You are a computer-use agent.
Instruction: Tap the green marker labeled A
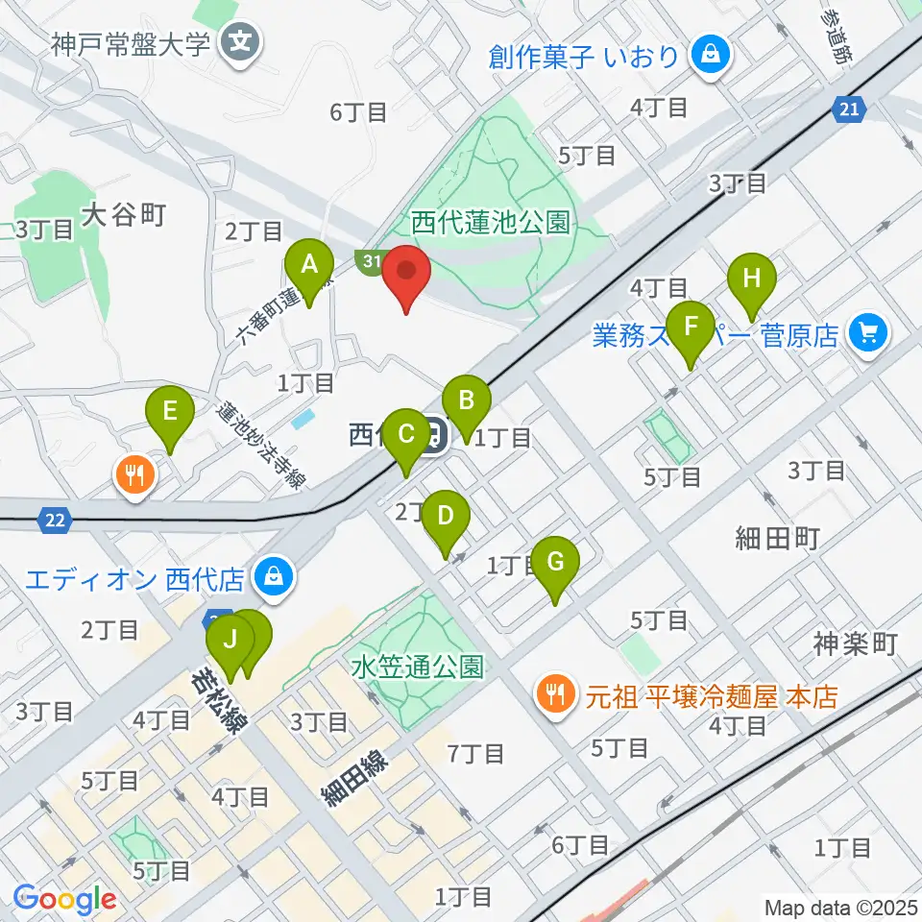pos(309,264)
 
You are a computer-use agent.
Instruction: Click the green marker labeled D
pos(445,517)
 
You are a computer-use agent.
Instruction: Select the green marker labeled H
pos(752,280)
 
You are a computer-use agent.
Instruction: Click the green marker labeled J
pos(230,639)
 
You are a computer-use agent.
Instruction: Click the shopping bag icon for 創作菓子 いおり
pos(711,55)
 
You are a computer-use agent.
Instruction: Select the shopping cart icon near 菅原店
pos(869,333)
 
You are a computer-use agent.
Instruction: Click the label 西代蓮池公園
pos(491,224)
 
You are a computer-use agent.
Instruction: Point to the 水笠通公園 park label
pos(417,666)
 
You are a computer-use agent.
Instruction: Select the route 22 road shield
pos(57,520)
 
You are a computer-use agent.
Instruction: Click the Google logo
pos(64,899)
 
